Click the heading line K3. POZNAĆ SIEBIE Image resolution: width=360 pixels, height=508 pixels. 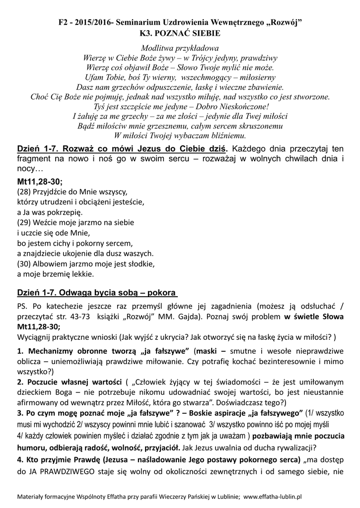tap(180, 33)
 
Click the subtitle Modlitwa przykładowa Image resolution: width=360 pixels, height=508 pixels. tap(180, 48)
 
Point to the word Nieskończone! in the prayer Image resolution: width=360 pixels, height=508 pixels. tap(244, 107)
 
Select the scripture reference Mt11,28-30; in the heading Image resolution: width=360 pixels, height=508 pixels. tap(40, 182)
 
